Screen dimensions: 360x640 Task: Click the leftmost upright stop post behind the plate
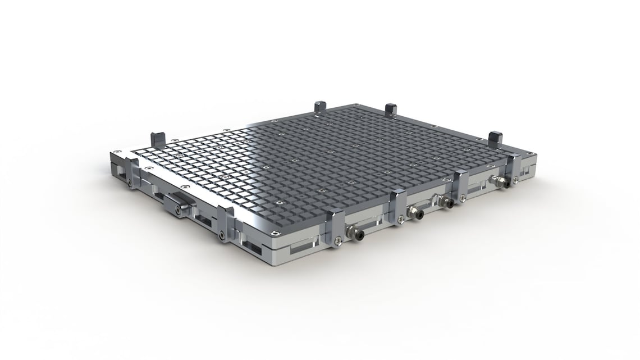[156, 137]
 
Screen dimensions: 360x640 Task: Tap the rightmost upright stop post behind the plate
[495, 138]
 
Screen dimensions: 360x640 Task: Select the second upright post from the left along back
[321, 106]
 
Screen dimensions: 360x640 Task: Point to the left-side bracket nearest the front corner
[225, 222]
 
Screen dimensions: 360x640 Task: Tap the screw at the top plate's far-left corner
[117, 152]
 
